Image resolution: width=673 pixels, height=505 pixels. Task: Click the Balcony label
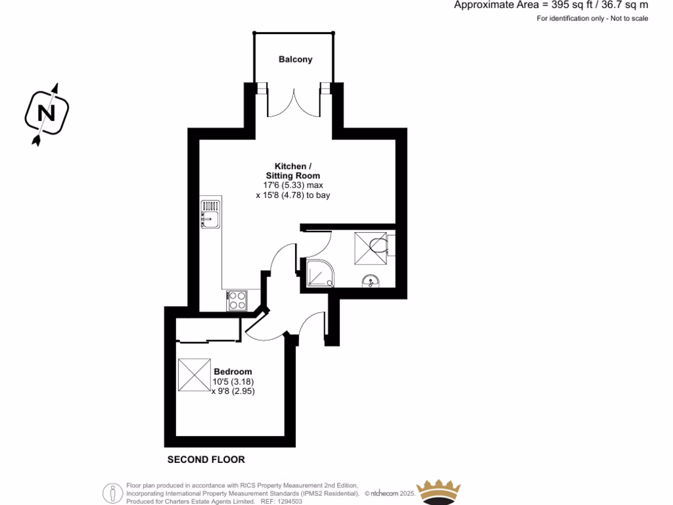(x=295, y=59)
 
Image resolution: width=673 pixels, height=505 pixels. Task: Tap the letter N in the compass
(x=47, y=113)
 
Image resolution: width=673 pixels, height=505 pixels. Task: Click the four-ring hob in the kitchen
(x=237, y=301)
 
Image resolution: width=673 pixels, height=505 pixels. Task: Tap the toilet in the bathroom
(x=379, y=246)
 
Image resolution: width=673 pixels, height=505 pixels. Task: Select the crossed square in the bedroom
(x=194, y=374)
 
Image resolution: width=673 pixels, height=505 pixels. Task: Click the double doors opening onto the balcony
(x=294, y=102)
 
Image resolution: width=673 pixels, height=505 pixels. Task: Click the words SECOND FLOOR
(x=206, y=460)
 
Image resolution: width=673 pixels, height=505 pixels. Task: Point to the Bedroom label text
(x=233, y=372)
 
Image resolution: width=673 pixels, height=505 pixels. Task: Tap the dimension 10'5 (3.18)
(x=233, y=381)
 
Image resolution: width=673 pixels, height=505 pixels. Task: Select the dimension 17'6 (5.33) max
(x=292, y=185)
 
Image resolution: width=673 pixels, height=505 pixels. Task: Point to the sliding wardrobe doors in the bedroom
(x=207, y=341)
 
